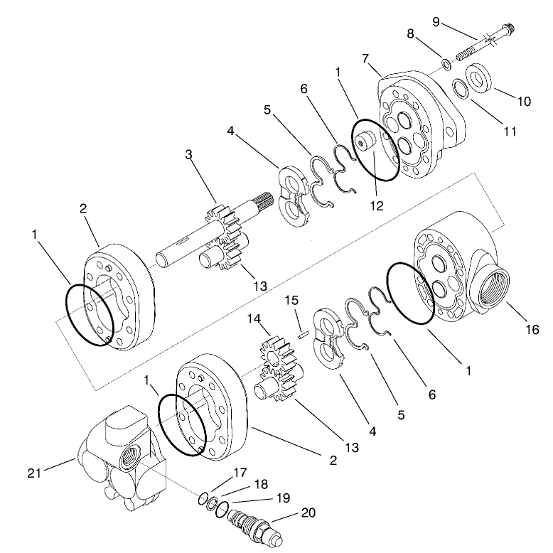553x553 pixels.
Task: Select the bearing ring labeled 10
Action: point(480,77)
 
